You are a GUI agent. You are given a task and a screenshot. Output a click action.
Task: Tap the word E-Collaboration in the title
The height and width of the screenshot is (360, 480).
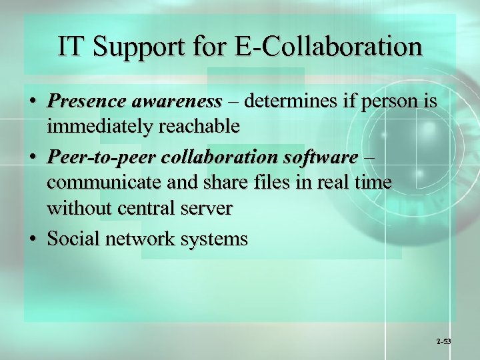pyautogui.click(x=326, y=47)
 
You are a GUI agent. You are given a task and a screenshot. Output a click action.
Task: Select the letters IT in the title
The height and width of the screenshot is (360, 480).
pyautogui.click(x=71, y=47)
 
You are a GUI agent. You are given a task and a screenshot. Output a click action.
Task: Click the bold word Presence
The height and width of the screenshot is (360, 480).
pyautogui.click(x=87, y=101)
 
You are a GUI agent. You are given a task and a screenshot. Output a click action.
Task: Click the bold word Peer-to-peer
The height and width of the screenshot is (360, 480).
pyautogui.click(x=95, y=158)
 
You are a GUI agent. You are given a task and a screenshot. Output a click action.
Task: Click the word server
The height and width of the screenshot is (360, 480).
pyautogui.click(x=209, y=208)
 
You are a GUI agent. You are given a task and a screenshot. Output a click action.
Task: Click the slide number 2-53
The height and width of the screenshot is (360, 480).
pyautogui.click(x=443, y=341)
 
